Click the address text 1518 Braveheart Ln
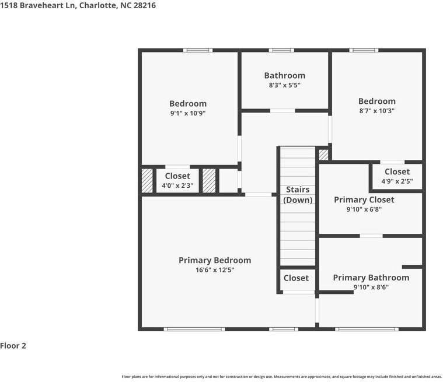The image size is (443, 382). (38, 6)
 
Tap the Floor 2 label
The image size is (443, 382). (13, 346)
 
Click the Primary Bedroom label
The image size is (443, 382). (215, 260)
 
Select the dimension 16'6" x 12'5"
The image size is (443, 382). (215, 270)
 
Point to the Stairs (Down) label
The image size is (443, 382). (298, 195)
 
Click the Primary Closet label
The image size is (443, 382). (364, 200)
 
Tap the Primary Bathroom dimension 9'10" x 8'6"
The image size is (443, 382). (371, 288)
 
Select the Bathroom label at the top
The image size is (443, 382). (284, 76)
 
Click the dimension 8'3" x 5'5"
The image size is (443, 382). (284, 85)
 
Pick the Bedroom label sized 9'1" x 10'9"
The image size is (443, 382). (188, 104)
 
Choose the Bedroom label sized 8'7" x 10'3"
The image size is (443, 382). (377, 101)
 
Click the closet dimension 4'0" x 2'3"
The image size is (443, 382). (177, 186)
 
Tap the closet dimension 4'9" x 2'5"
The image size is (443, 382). (397, 181)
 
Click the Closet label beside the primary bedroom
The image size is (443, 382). (296, 278)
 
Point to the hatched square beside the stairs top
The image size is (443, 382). (323, 155)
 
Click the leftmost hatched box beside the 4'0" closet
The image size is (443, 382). (147, 181)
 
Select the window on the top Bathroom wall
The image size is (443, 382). (281, 50)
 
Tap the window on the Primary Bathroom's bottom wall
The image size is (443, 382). (367, 329)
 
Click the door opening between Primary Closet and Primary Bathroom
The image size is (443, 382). (371, 236)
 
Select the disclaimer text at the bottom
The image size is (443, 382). (282, 377)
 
